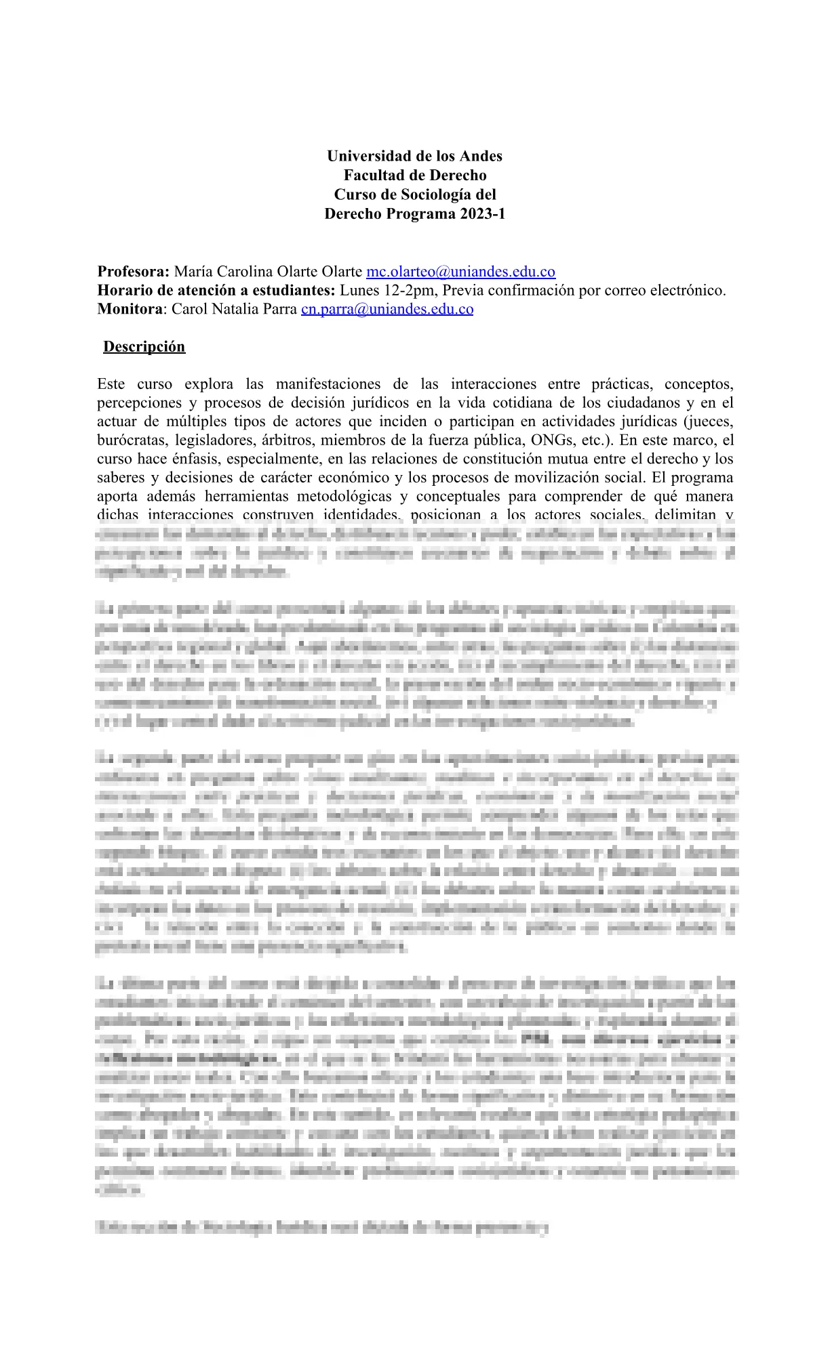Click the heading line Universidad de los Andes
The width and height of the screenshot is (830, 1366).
point(414,156)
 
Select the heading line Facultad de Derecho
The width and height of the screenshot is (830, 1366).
point(414,175)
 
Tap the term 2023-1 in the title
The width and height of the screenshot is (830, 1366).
point(481,213)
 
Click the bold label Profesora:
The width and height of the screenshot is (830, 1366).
point(134,272)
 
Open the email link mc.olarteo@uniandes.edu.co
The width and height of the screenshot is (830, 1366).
point(460,272)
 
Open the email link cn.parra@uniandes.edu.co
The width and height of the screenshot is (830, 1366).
point(387,309)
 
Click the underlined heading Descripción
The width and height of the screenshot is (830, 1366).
point(144,346)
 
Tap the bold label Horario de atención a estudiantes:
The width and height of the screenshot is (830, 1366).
point(216,291)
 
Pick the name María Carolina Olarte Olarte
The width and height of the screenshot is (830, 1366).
point(268,272)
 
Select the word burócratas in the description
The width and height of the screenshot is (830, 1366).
point(129,440)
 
